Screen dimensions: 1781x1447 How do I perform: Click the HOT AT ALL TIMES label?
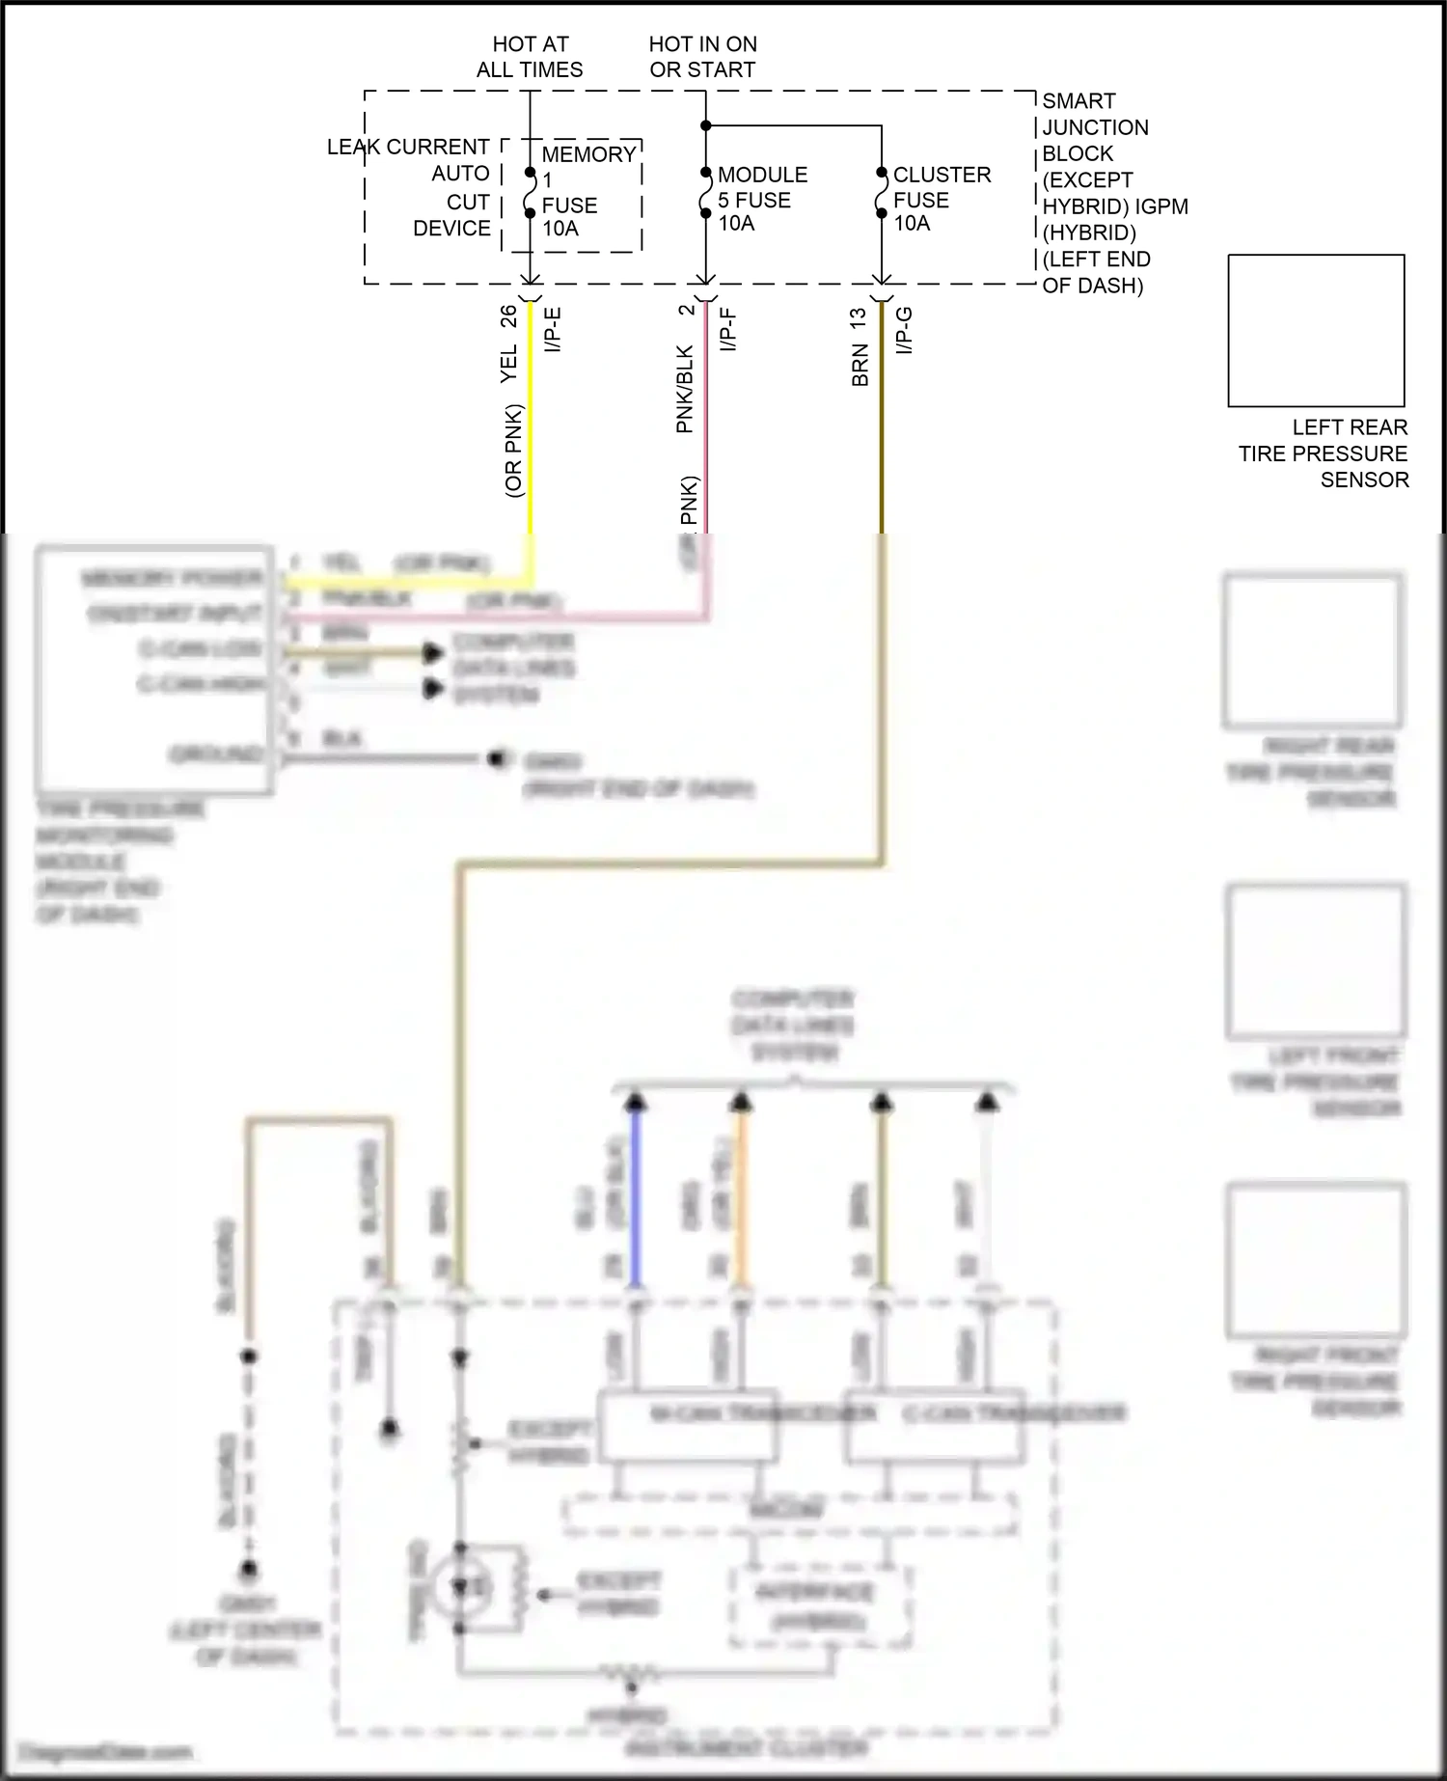tap(530, 57)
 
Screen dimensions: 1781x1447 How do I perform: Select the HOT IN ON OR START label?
tap(702, 57)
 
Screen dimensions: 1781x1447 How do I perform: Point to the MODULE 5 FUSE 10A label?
tap(762, 199)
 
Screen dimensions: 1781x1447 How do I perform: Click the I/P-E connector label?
tap(553, 330)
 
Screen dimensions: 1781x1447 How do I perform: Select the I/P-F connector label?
tap(728, 330)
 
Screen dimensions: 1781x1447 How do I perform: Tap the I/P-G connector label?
tap(904, 330)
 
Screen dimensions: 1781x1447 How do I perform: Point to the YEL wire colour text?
tap(509, 363)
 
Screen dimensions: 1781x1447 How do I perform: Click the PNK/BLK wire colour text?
tap(685, 389)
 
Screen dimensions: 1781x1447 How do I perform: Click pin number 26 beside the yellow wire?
tap(508, 316)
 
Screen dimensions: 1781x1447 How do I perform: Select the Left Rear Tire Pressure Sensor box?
tap(1316, 330)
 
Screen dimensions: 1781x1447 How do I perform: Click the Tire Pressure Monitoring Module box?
tap(154, 670)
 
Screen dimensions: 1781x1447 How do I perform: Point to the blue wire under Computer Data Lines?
tap(635, 1196)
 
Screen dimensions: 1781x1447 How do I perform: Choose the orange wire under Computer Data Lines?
tap(740, 1196)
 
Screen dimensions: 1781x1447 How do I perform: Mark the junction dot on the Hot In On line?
tap(706, 125)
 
